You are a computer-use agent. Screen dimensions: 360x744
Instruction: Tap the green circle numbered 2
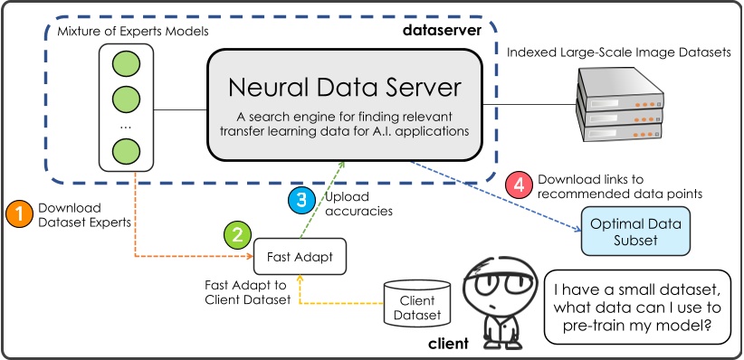[x=236, y=236]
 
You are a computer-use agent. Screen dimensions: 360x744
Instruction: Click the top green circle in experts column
[x=126, y=65]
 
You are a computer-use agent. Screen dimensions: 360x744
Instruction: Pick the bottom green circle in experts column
[x=126, y=150]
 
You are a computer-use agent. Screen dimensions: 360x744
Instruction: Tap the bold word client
[x=448, y=344]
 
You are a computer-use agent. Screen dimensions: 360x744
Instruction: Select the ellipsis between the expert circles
[x=126, y=126]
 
